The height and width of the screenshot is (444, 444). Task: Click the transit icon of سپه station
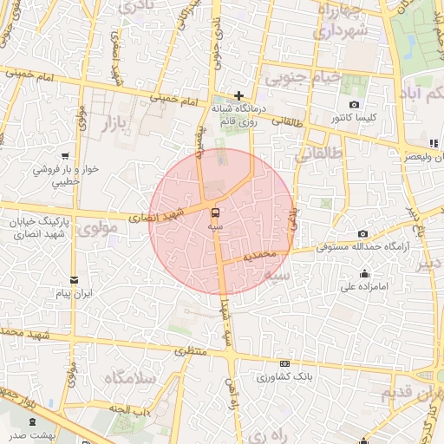[213, 212]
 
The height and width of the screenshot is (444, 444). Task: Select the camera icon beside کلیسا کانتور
[354, 105]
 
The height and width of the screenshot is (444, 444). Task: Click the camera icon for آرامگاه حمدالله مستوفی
[362, 234]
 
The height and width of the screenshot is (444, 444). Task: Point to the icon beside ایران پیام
[74, 280]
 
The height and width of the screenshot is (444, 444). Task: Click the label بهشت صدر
[31, 435]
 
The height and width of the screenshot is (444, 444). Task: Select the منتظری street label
[193, 349]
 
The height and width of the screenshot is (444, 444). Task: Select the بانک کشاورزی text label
[285, 377]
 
